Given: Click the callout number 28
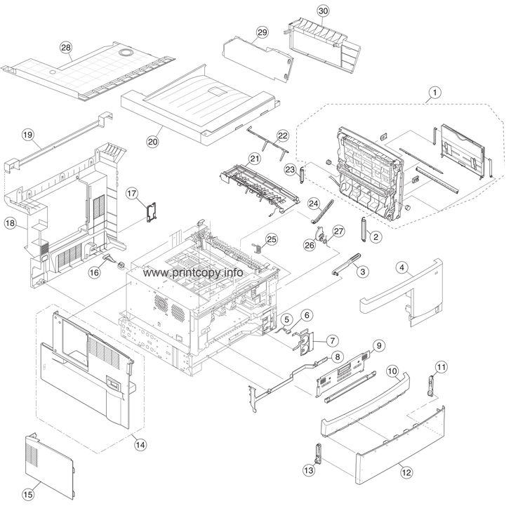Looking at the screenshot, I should (66, 48).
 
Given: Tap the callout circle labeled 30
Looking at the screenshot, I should (323, 11).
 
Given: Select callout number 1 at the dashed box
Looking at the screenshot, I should (435, 92).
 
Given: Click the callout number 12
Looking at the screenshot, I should (406, 473).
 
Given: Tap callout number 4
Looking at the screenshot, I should (402, 267).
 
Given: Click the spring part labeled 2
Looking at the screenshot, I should (365, 229).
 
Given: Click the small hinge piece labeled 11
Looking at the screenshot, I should (431, 385).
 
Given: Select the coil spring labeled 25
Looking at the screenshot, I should (256, 246).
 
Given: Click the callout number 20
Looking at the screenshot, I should (152, 140).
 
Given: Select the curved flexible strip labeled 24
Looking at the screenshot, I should (317, 211).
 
